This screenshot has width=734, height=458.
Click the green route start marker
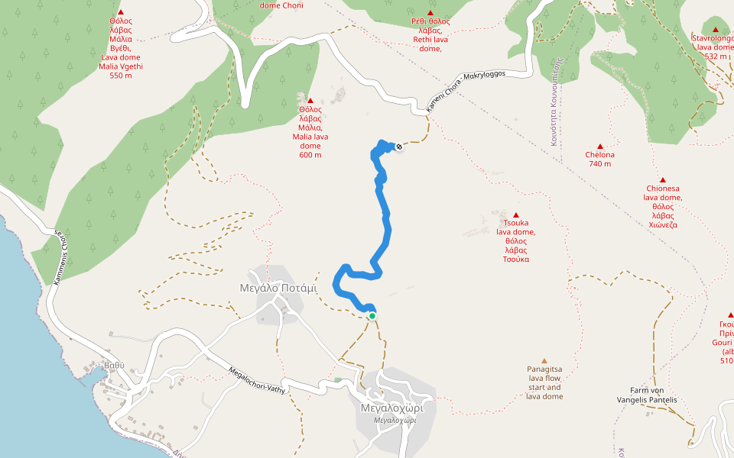(x=372, y=316)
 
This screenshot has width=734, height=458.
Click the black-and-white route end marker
(x=399, y=147)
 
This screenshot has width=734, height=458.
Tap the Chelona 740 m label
(x=599, y=160)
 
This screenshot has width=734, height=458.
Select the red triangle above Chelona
(x=600, y=146)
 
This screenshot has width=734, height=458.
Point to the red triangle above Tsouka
(x=516, y=215)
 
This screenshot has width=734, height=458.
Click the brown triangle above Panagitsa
(x=544, y=360)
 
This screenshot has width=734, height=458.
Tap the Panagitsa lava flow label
(x=544, y=382)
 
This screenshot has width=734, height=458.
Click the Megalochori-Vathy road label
(x=257, y=379)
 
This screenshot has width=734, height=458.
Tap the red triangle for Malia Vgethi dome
(x=121, y=12)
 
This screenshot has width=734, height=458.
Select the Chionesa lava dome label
(x=662, y=206)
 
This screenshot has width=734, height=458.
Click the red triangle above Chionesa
(x=662, y=179)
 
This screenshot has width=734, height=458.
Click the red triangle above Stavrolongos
(x=716, y=29)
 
